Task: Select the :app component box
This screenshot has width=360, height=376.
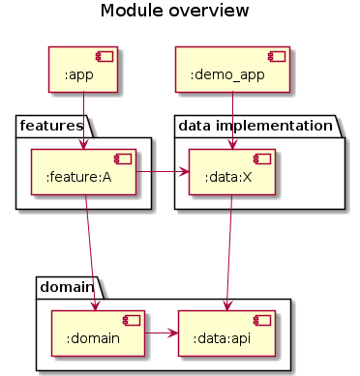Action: click(x=83, y=69)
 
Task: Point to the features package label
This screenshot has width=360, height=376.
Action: click(x=51, y=124)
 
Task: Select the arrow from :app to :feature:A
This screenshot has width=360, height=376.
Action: click(x=84, y=121)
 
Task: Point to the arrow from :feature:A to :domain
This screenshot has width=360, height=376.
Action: click(x=91, y=251)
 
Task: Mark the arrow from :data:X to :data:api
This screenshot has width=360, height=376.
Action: click(x=228, y=251)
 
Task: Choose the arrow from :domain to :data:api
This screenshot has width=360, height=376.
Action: click(x=161, y=333)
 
